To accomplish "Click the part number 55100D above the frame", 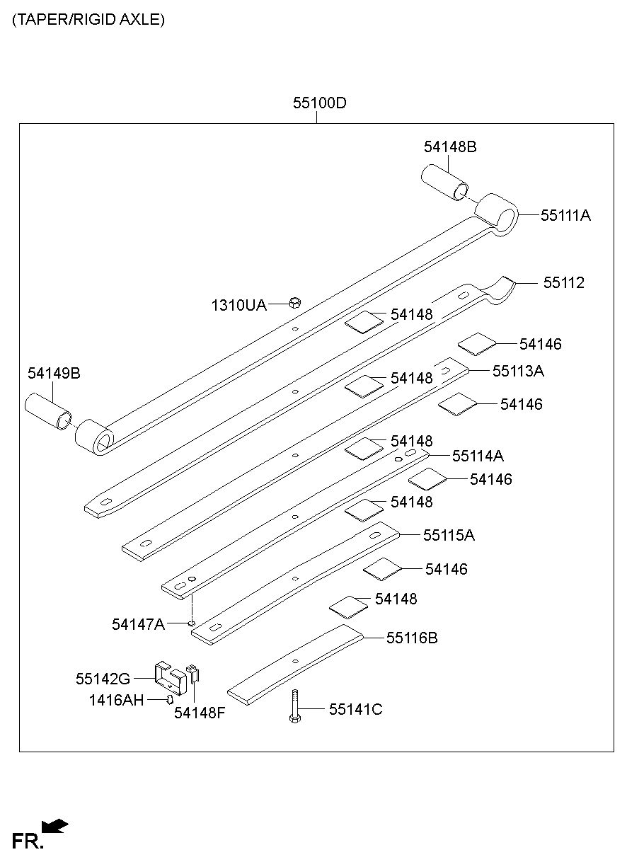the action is pos(319,103).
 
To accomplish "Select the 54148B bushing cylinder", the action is pos(444,182).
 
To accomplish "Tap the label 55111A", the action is pos(565,215).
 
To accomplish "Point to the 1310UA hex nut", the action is pos(295,303).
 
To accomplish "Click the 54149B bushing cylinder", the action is pos(48,411).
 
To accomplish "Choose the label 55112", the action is pos(564,283).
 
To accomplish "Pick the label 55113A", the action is pos(518,371).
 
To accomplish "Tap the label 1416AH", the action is pos(116,700).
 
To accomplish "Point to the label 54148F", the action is pos(200,713).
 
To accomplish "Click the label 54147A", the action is pos(138,624).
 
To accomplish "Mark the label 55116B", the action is pos(412,638).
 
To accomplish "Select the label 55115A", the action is pos(449,535).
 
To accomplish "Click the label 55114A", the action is pos(478,456).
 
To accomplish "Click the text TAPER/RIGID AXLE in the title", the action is pos(88,20).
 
